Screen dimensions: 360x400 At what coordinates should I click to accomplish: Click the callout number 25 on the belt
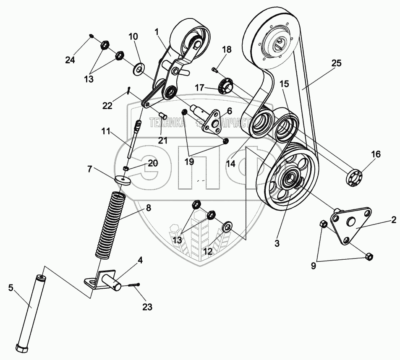(x=336, y=63)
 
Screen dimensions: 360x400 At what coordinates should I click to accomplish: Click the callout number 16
(x=375, y=154)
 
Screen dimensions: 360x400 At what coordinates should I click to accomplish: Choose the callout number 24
(x=70, y=60)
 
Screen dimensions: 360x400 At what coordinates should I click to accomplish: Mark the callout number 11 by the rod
(x=105, y=131)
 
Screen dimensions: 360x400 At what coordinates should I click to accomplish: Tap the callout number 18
(x=227, y=50)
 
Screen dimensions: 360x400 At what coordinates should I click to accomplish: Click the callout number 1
(x=157, y=31)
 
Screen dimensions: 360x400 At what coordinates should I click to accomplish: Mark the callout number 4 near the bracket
(x=140, y=260)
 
